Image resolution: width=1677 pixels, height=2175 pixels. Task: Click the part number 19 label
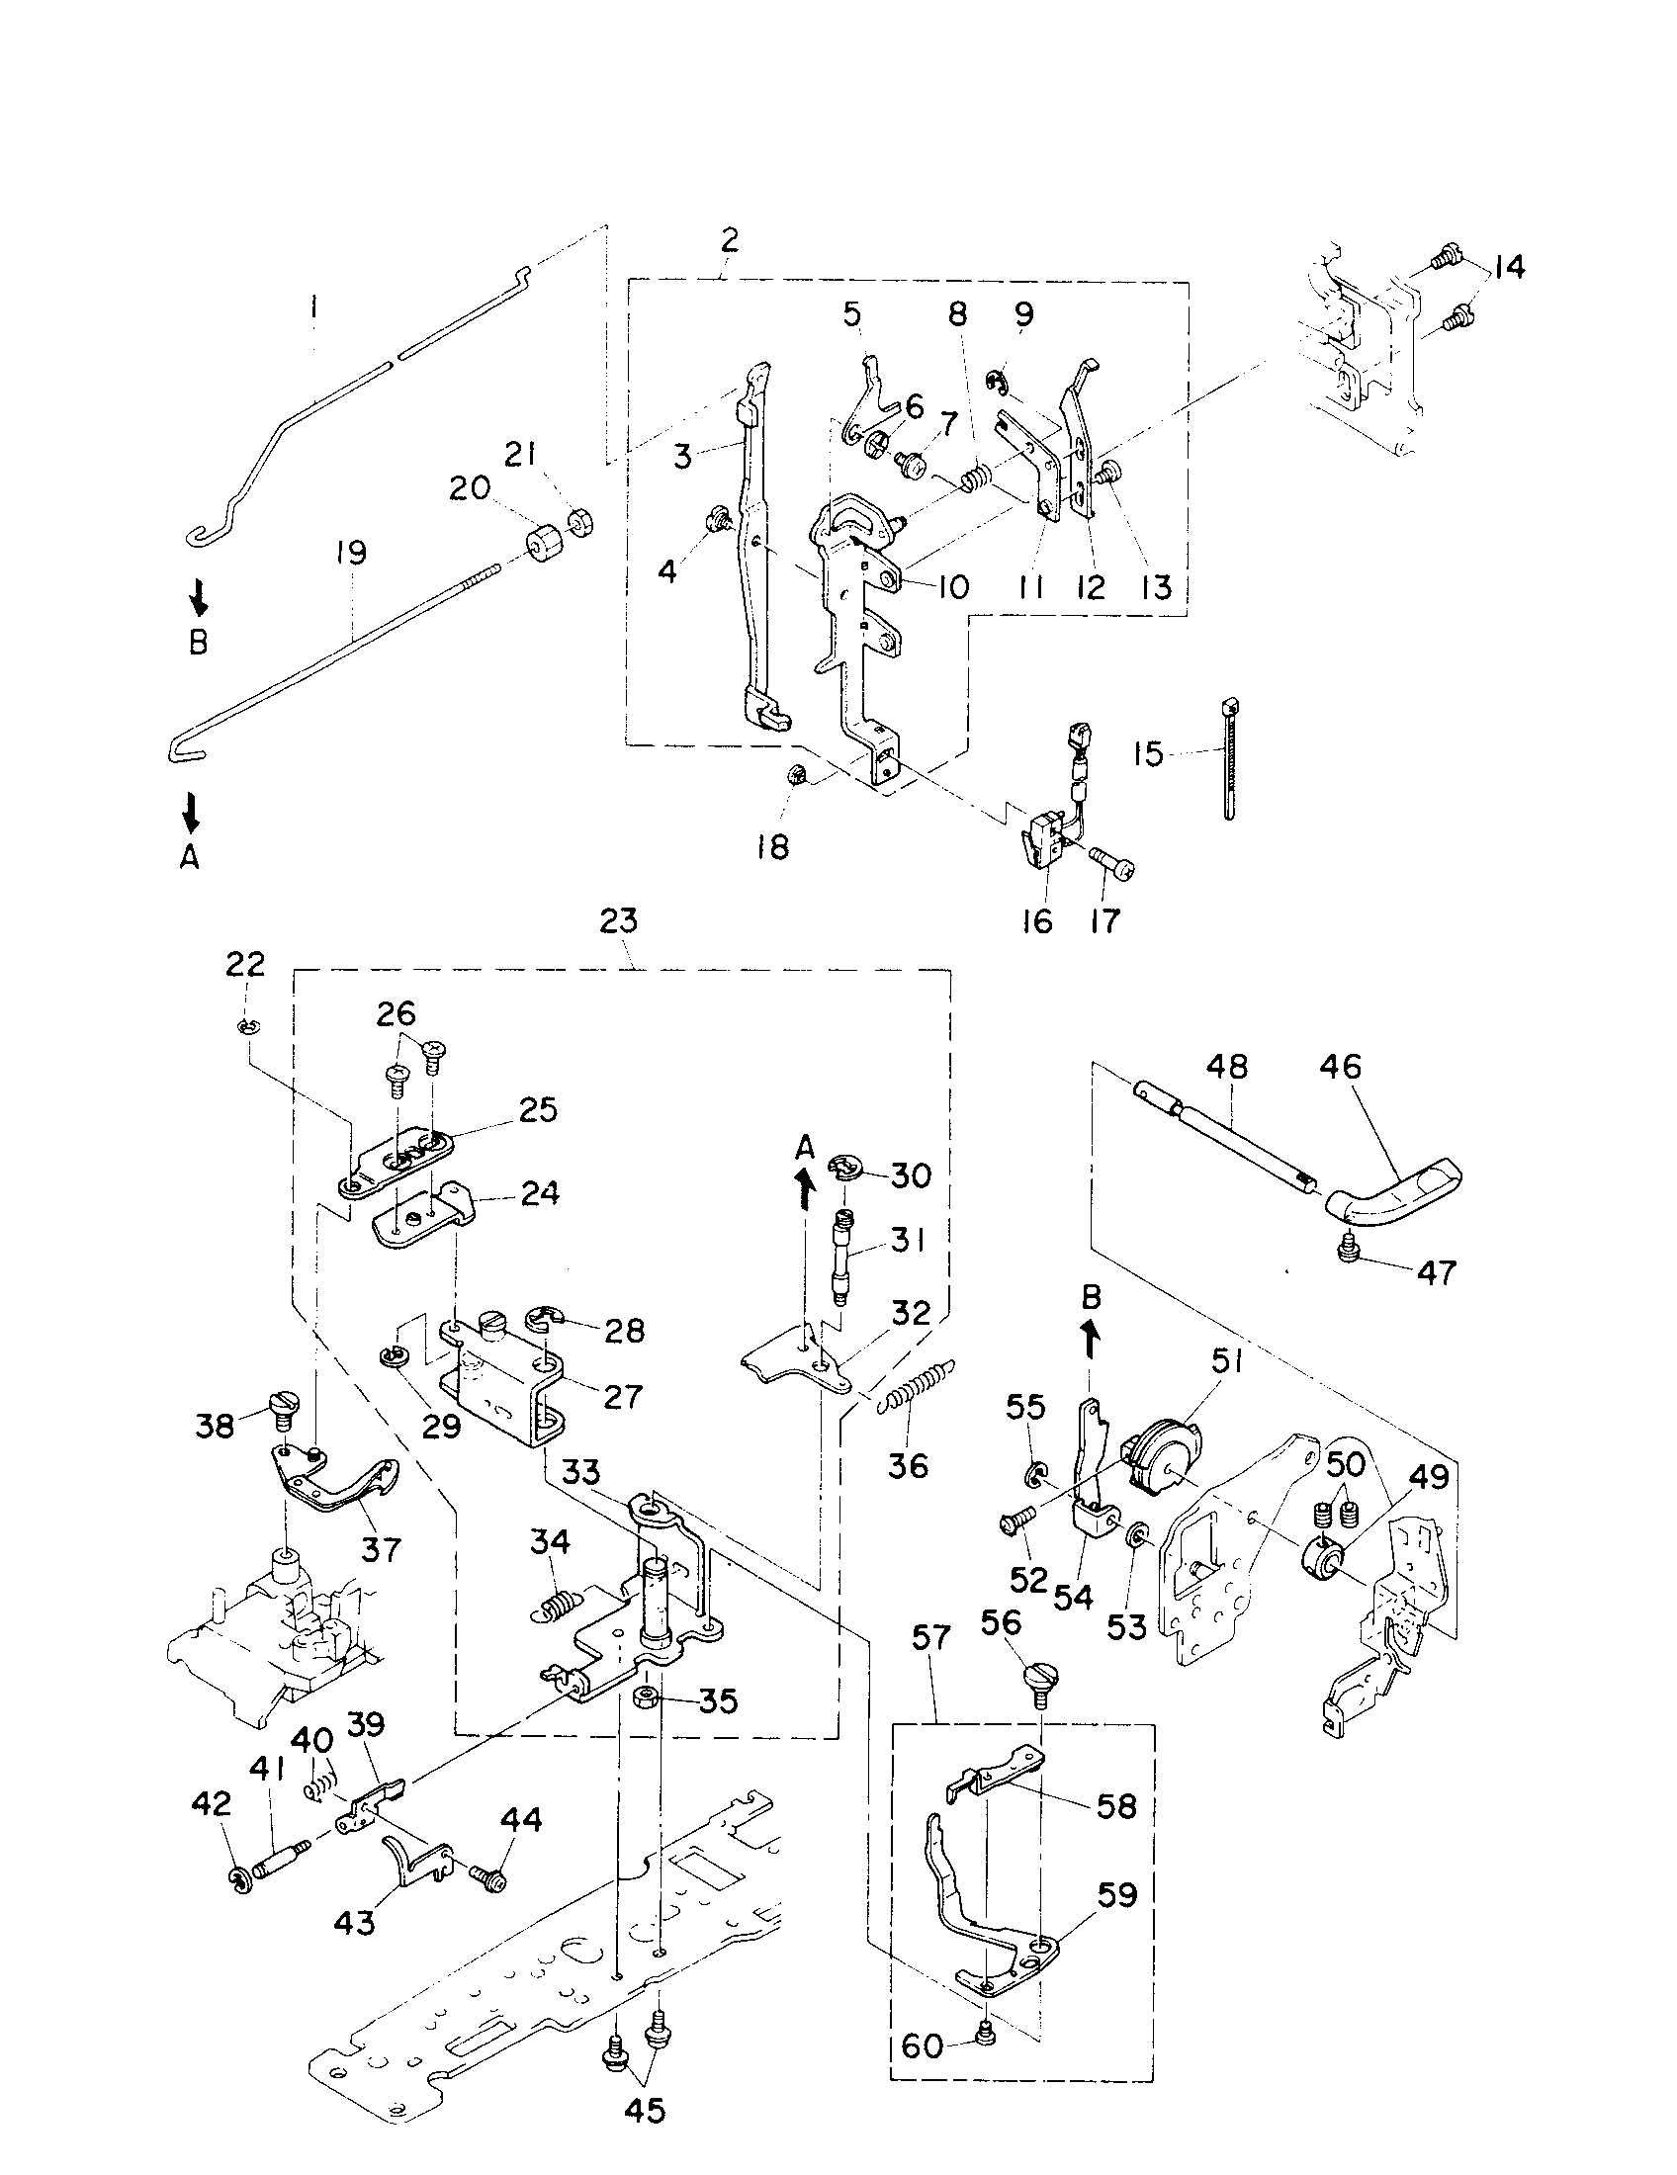click(351, 553)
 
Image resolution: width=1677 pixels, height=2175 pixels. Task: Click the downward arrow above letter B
click(198, 597)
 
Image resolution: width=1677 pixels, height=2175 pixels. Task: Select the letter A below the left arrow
click(189, 857)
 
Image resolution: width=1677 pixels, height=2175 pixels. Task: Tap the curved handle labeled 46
click(1394, 1196)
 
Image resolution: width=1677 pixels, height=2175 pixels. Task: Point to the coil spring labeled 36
click(922, 1386)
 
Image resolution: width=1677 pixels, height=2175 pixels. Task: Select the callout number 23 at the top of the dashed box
click(618, 921)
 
